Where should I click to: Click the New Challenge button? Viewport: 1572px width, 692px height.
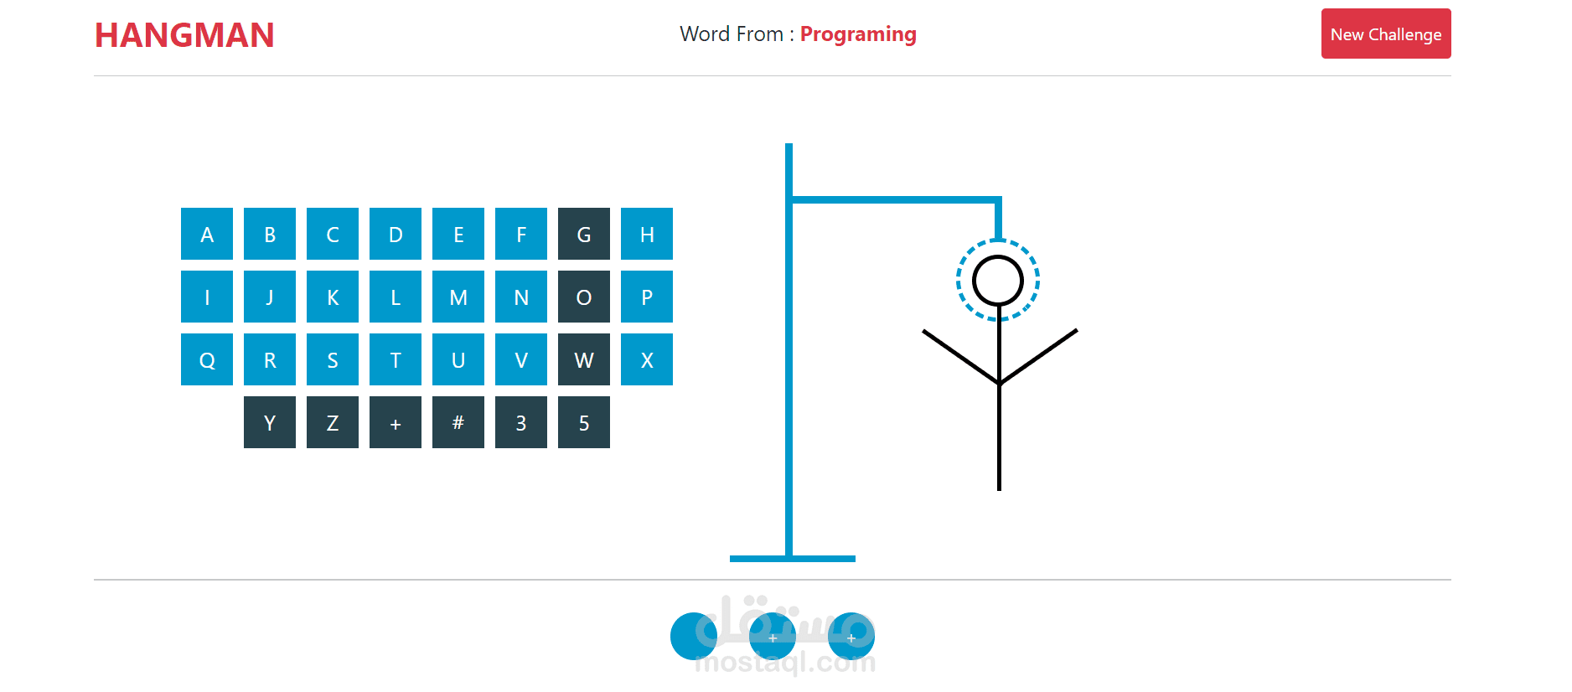pos(1385,34)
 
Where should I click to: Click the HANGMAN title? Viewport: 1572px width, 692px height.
pos(184,35)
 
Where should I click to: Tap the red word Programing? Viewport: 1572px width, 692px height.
pos(858,34)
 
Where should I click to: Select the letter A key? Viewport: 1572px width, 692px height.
pos(207,234)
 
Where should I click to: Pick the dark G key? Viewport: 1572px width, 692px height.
pos(584,234)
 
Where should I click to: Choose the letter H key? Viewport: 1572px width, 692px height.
pos(647,234)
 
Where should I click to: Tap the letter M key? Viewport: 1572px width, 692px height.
pos(458,297)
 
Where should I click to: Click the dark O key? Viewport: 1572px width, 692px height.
pos(584,297)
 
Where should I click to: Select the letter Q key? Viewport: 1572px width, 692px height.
pos(207,359)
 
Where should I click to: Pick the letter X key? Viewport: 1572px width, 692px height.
pos(647,359)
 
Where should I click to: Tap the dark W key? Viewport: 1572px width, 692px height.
pos(584,359)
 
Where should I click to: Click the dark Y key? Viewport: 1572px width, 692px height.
pos(270,422)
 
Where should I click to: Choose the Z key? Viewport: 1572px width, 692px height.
pos(333,422)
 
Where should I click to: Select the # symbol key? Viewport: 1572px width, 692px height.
pos(458,422)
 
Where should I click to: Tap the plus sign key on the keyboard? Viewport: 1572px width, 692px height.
pos(396,422)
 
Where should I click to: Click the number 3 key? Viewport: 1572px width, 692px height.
pos(521,422)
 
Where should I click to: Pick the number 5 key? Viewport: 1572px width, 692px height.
pos(584,422)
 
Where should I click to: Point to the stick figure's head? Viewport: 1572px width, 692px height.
pos(998,281)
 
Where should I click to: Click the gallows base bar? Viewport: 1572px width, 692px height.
pos(792,558)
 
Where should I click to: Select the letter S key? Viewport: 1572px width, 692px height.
pos(333,359)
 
